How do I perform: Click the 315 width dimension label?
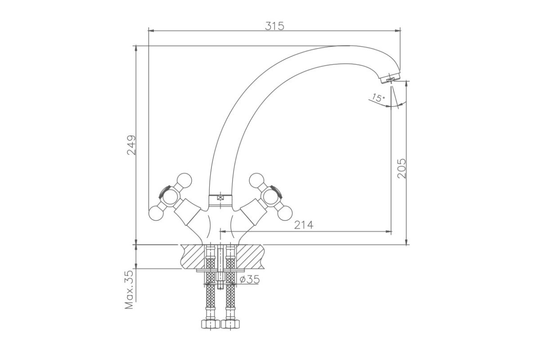[x=274, y=26]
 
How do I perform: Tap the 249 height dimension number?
[x=131, y=145]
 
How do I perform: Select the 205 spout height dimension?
[x=401, y=168]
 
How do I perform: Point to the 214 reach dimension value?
[x=304, y=225]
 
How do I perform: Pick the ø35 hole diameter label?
[x=250, y=279]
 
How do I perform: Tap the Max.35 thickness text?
[x=129, y=290]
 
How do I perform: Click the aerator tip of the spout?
[x=390, y=79]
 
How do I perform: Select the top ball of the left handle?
[x=184, y=180]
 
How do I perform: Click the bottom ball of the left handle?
[x=156, y=213]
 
